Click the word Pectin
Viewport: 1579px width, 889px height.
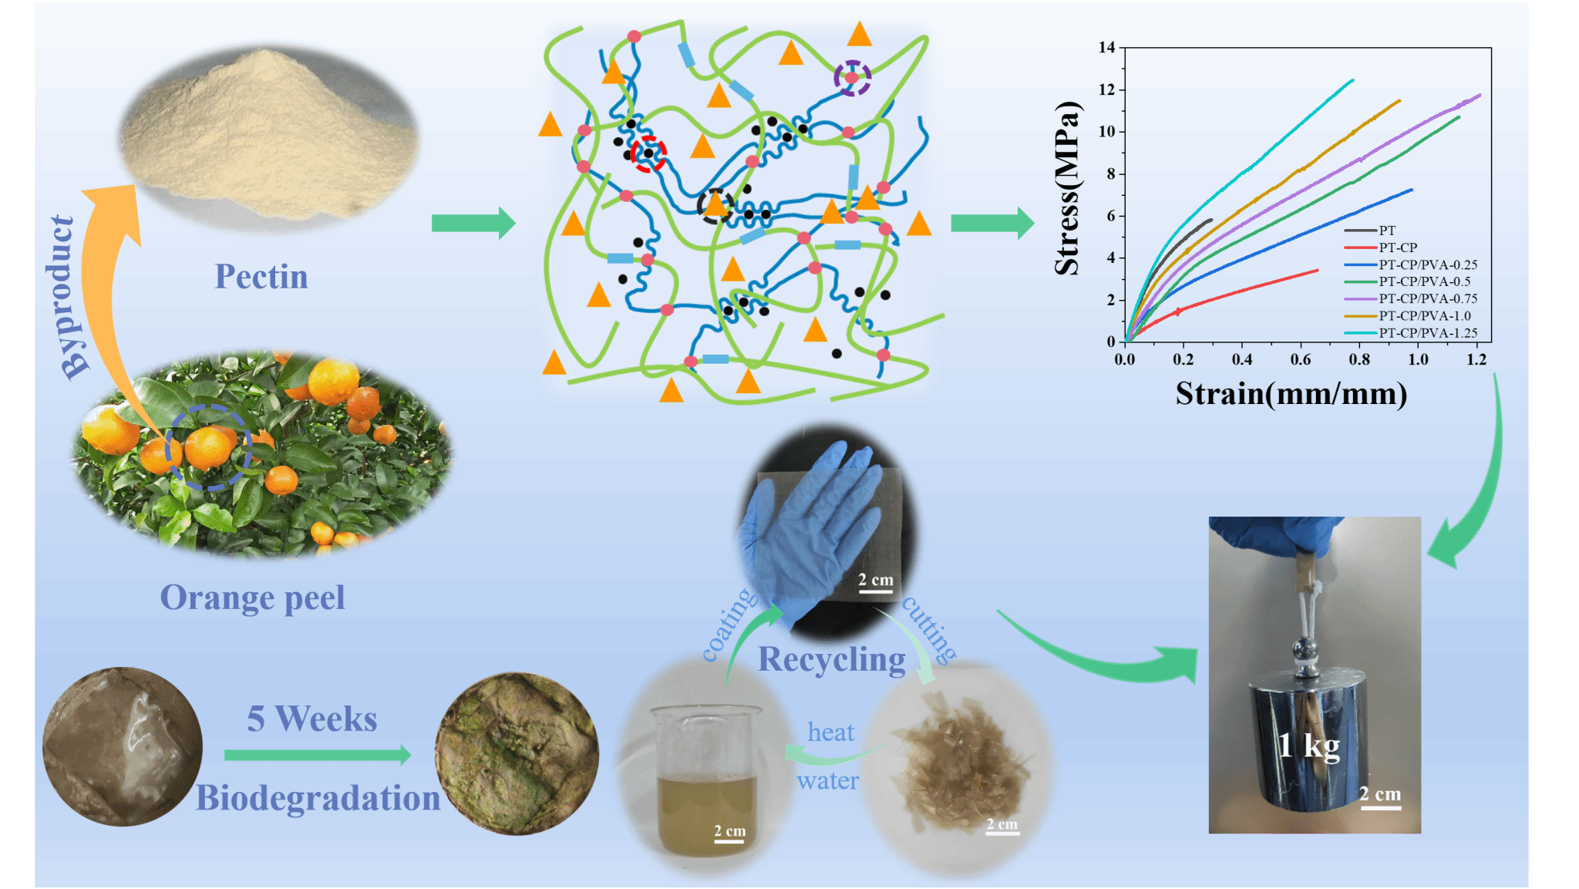point(261,277)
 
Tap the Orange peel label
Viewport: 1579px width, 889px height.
point(252,598)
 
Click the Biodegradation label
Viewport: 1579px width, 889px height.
point(318,798)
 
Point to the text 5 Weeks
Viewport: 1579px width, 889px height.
point(311,719)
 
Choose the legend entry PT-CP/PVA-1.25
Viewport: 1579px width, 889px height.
point(1427,333)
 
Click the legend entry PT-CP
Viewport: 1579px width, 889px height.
point(1398,248)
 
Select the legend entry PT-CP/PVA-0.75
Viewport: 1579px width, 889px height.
point(1427,298)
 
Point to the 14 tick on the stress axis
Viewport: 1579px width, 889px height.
point(1107,48)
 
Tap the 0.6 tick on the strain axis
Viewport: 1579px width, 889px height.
point(1301,359)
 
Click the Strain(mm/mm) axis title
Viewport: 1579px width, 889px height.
point(1291,394)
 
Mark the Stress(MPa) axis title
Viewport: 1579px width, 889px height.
point(1068,189)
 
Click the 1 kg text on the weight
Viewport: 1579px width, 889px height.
point(1308,746)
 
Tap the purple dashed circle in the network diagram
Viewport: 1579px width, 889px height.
point(852,78)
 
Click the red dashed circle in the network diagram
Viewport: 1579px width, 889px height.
point(648,153)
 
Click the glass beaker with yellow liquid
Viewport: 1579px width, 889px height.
point(705,779)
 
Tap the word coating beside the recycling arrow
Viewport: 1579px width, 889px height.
point(728,624)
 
